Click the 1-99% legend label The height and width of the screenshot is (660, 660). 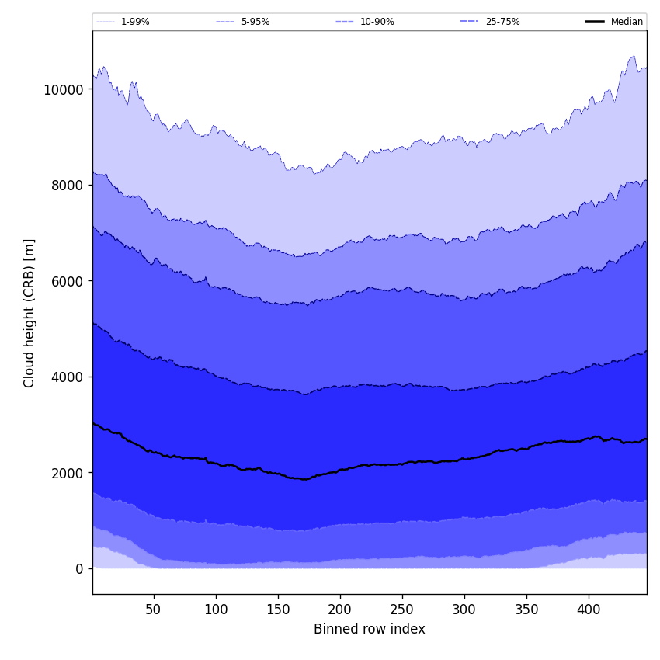click(135, 22)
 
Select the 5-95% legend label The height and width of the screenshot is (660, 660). click(255, 22)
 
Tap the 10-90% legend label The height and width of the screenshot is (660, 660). click(377, 22)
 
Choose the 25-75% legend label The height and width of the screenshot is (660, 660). click(502, 22)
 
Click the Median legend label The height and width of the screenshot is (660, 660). click(627, 22)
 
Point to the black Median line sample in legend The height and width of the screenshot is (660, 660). click(595, 22)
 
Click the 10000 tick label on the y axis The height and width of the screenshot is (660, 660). click(64, 89)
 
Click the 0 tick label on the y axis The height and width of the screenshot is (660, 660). click(79, 568)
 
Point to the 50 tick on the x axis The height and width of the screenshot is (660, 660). click(154, 610)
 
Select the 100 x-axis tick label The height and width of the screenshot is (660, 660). click(216, 610)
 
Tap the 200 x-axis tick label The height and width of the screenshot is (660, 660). click(340, 610)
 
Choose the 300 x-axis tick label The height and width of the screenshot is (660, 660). click(464, 610)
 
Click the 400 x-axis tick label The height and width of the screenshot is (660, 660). click(589, 610)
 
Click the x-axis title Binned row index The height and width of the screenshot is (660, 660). click(370, 629)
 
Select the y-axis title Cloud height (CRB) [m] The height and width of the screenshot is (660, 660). click(30, 313)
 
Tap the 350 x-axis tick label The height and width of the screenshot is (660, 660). click(526, 610)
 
